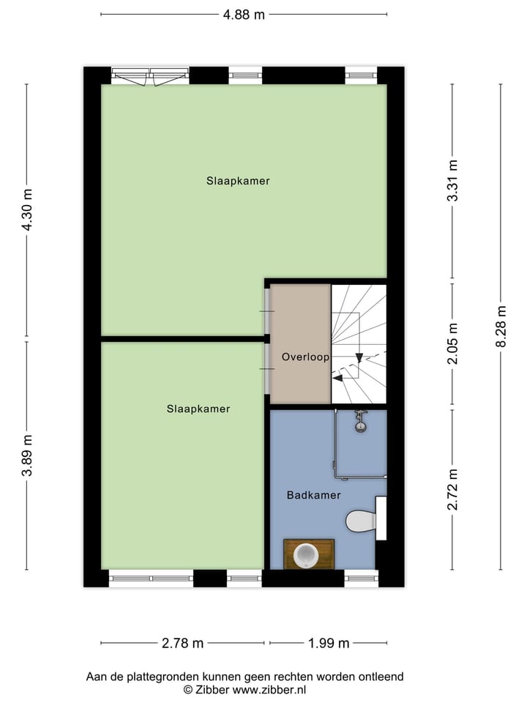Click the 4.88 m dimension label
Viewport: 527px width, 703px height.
point(244,15)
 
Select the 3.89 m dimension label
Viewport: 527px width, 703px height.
point(27,455)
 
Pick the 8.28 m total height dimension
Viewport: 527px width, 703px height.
point(501,326)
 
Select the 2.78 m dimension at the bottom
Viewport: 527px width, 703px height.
point(183,644)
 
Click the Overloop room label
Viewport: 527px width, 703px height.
point(305,357)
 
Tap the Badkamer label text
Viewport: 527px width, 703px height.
point(313,496)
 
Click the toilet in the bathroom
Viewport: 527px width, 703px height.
point(361,521)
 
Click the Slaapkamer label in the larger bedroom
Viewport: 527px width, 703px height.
point(238,181)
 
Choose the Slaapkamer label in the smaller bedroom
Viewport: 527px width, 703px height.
point(198,409)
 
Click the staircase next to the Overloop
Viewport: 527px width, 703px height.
point(359,344)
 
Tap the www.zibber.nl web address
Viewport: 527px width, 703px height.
point(270,690)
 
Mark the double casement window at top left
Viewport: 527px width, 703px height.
point(151,75)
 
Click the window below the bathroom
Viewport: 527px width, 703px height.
point(361,579)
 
